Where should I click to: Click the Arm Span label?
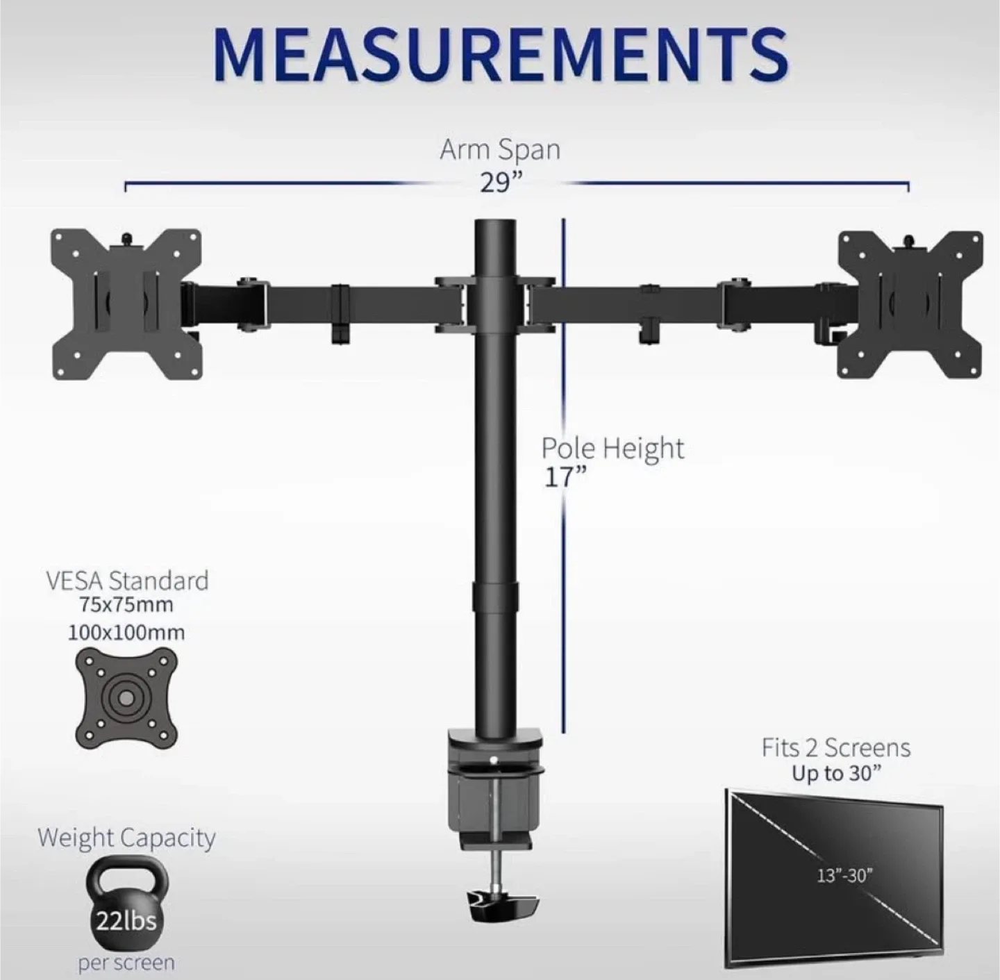tap(500, 149)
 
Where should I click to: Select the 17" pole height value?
tap(565, 477)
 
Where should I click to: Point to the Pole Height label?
tap(612, 448)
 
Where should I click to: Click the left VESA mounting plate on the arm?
tap(127, 304)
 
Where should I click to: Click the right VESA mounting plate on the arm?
tap(910, 304)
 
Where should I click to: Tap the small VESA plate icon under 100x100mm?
tap(126, 698)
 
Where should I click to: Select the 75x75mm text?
tap(126, 605)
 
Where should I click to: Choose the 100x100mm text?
tap(126, 633)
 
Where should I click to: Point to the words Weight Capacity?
tap(126, 838)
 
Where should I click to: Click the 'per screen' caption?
tap(126, 963)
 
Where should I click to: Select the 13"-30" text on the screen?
tap(843, 875)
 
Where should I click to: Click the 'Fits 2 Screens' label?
tap(835, 748)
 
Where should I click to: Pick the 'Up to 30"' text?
tap(836, 774)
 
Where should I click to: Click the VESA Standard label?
tap(127, 581)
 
